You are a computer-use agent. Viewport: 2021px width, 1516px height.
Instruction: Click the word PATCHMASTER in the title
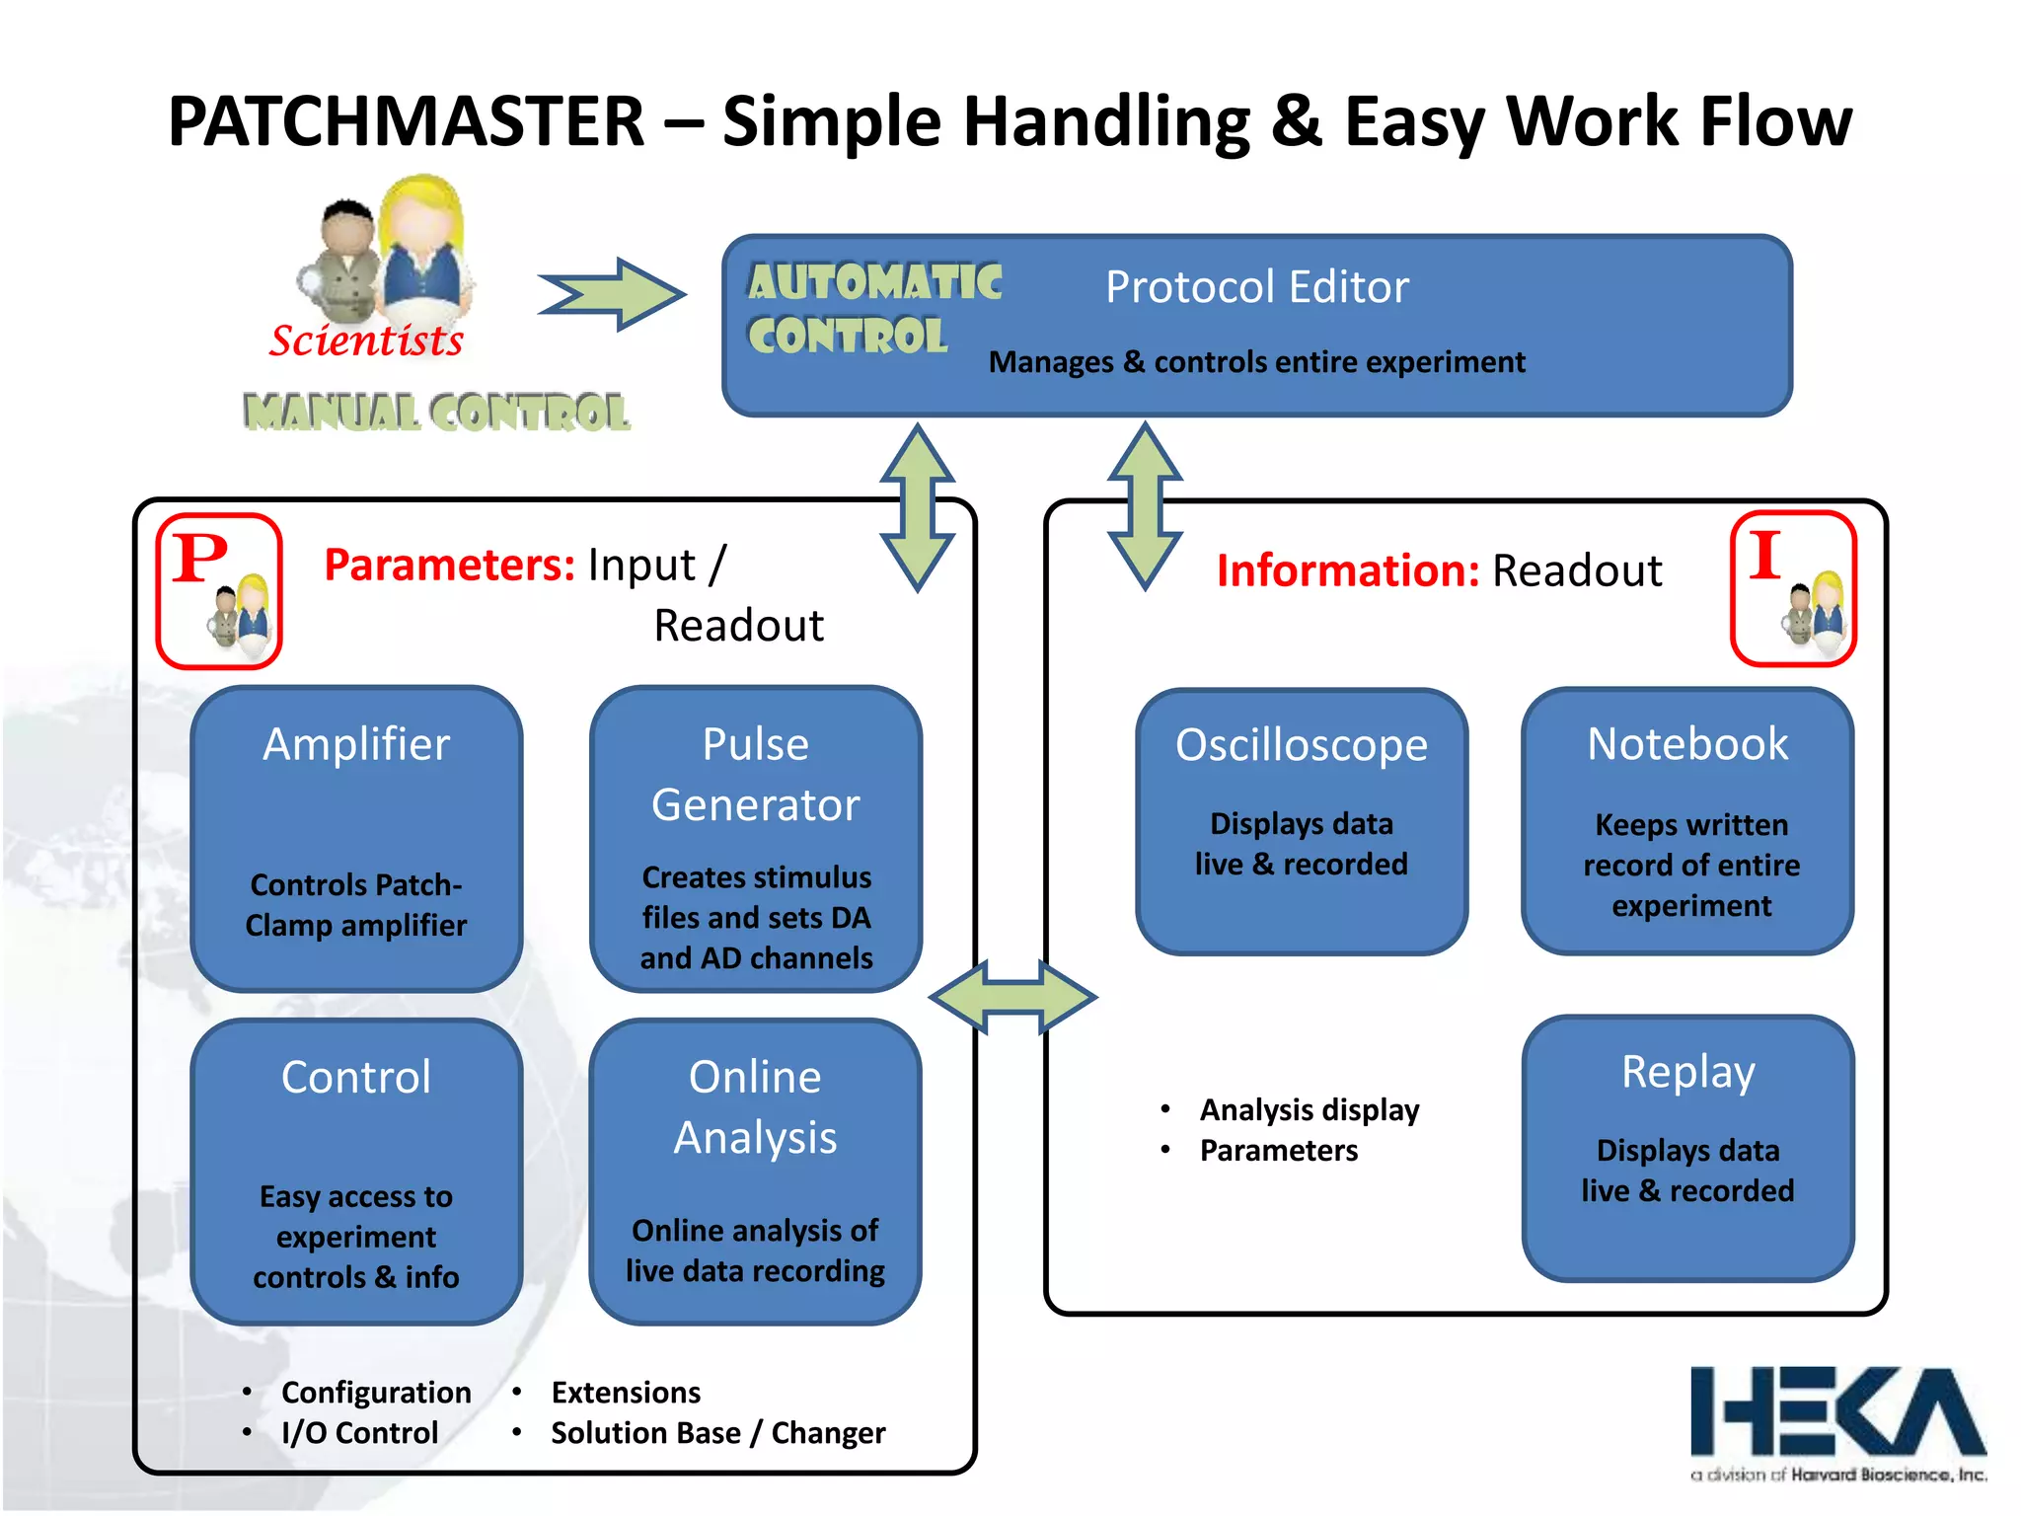pyautogui.click(x=406, y=121)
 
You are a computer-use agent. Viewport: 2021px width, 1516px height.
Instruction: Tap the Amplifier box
pyautogui.click(x=356, y=839)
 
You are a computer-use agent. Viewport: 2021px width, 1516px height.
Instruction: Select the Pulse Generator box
pyautogui.click(x=756, y=839)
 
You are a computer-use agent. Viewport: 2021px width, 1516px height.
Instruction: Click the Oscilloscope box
pyautogui.click(x=1302, y=821)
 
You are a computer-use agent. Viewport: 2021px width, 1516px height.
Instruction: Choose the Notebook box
pyautogui.click(x=1687, y=821)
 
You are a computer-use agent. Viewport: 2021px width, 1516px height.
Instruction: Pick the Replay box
pyautogui.click(x=1687, y=1148)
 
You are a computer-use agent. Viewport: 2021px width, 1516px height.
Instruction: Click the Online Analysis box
pyautogui.click(x=756, y=1172)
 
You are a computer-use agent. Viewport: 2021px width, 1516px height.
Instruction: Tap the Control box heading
pyautogui.click(x=356, y=1077)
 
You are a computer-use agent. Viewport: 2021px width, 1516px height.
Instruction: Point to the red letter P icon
pyautogui.click(x=219, y=590)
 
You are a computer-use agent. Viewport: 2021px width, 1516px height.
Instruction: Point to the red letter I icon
pyautogui.click(x=1793, y=588)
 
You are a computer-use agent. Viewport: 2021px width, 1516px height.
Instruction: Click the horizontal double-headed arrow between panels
pyautogui.click(x=1012, y=997)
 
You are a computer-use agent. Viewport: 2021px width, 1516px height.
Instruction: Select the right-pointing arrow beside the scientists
pyautogui.click(x=612, y=294)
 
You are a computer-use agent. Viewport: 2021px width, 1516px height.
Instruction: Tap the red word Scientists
pyautogui.click(x=366, y=341)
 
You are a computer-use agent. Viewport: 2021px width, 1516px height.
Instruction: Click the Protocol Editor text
pyautogui.click(x=1256, y=287)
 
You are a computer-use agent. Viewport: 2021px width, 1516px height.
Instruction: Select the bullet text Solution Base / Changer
pyautogui.click(x=717, y=1432)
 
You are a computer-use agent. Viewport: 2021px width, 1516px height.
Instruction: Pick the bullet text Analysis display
pyautogui.click(x=1309, y=1109)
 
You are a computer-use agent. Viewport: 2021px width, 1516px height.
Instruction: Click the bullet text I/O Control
pyautogui.click(x=359, y=1432)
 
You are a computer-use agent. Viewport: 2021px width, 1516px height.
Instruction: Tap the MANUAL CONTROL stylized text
pyautogui.click(x=436, y=413)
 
